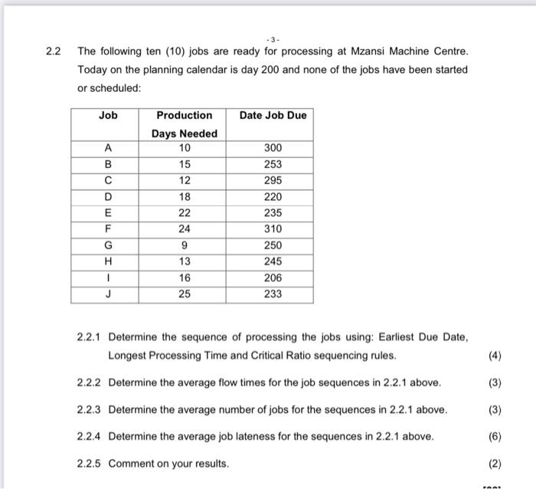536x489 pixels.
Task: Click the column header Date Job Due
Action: [x=273, y=116]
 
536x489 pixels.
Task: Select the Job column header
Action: [x=108, y=116]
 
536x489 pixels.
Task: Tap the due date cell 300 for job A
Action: [x=273, y=148]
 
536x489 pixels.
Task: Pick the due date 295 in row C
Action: [x=273, y=180]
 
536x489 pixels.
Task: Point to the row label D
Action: [x=108, y=197]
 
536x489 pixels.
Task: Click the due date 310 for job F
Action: [x=273, y=229]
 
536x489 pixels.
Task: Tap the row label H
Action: [x=108, y=261]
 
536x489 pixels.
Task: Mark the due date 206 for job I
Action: [x=273, y=277]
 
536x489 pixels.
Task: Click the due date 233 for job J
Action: [x=273, y=294]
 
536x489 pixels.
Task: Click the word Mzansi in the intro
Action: [x=377, y=51]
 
